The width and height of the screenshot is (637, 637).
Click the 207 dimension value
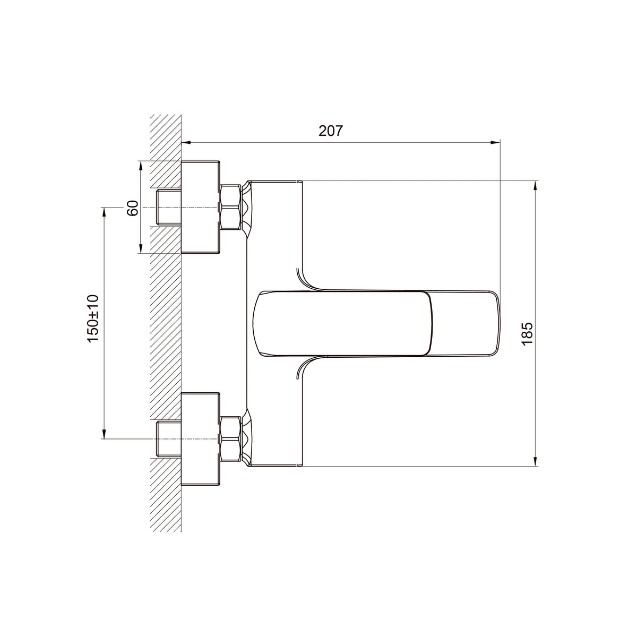[x=331, y=131]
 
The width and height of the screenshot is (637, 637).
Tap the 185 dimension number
[x=527, y=333]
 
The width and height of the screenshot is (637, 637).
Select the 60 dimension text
[x=133, y=208]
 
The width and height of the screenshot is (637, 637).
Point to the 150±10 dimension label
[x=93, y=318]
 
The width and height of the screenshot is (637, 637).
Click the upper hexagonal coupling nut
[x=230, y=207]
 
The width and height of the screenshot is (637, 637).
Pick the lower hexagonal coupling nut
[x=230, y=439]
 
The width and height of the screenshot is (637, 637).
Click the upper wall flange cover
[x=200, y=207]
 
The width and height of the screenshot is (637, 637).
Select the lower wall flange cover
[x=200, y=440]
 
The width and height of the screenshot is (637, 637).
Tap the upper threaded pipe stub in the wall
[x=168, y=207]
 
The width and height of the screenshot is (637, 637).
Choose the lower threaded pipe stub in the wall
[x=168, y=440]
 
